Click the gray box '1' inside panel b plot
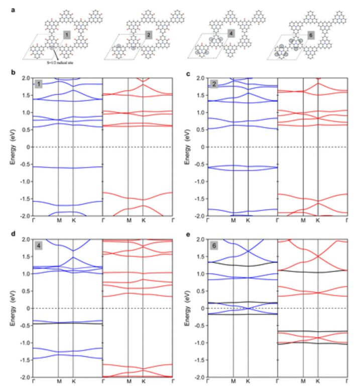[38, 84]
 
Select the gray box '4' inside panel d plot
[38, 246]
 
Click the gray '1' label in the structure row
[67, 35]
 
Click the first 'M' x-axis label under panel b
[58, 221]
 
